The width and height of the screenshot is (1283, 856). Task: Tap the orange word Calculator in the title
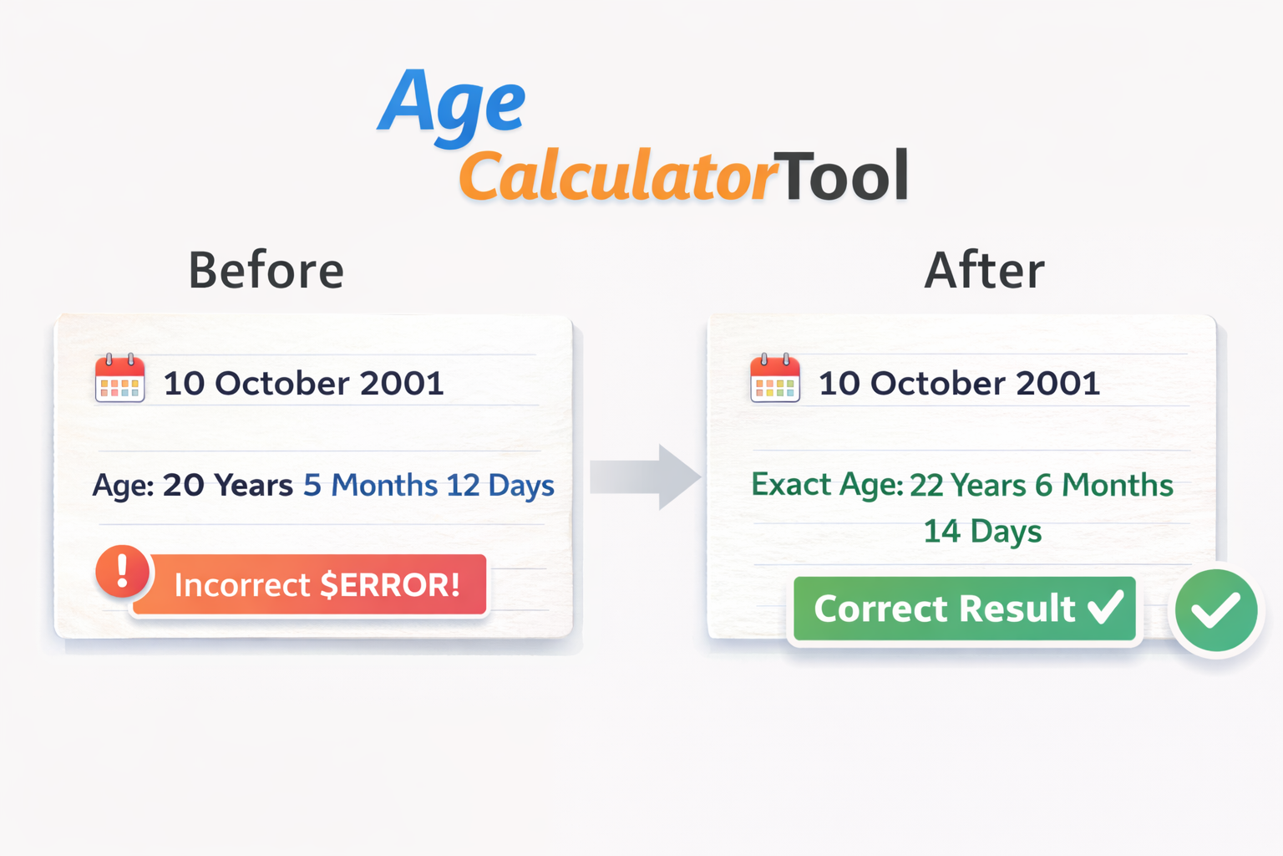616,177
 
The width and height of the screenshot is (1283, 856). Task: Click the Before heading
266,271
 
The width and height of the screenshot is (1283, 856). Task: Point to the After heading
984,271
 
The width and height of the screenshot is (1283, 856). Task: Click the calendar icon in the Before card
119,380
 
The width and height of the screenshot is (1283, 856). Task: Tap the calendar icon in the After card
774,380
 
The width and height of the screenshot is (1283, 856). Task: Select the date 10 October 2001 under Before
303,384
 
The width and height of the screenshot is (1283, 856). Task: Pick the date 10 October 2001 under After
959,384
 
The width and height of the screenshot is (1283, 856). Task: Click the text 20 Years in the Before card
227,486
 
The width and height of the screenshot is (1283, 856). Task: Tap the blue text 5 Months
370,486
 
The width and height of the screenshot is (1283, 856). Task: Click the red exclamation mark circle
122,572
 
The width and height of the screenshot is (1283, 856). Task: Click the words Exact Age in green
825,485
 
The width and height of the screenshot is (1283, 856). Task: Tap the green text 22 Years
967,486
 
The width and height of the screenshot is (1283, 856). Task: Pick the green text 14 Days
982,532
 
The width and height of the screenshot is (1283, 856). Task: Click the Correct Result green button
965,609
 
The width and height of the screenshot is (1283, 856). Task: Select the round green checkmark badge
1215,610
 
